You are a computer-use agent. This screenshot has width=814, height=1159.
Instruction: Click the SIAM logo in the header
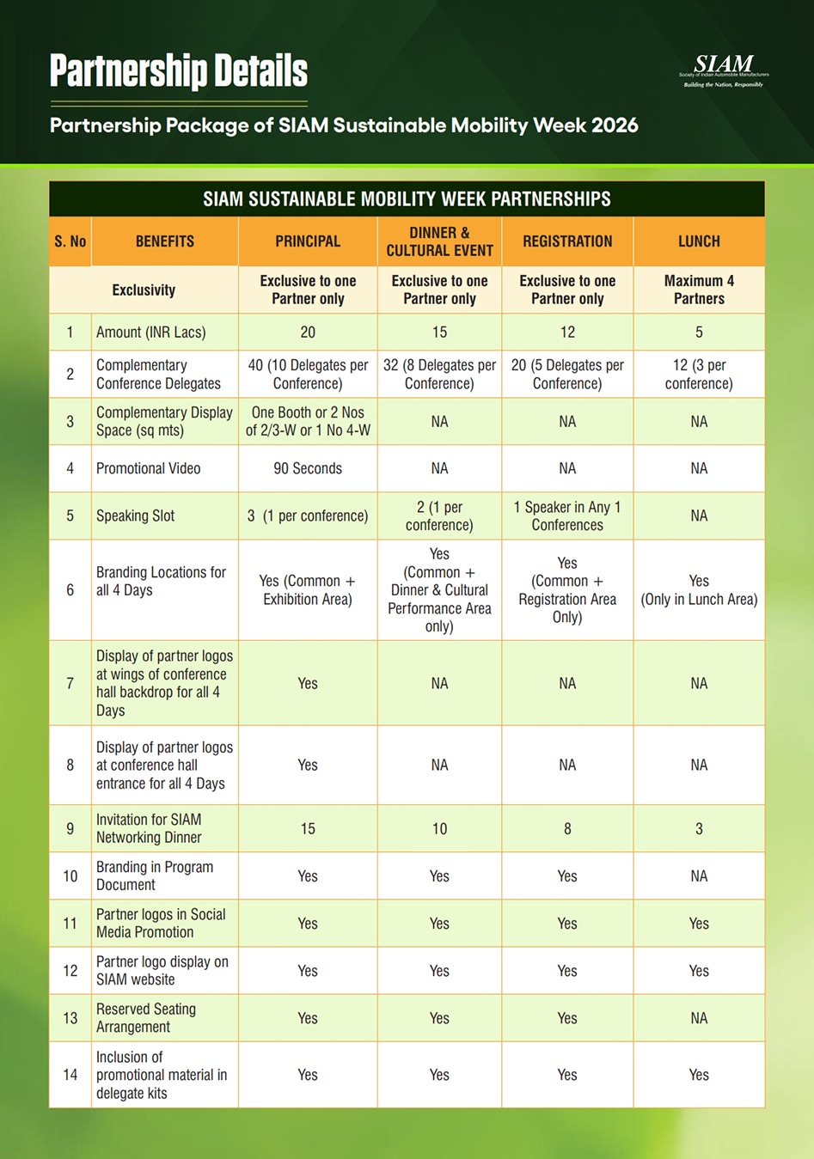coord(724,68)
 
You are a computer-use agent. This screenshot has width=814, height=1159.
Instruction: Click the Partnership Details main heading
coord(179,71)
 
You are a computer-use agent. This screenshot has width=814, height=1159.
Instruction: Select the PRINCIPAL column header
coord(308,241)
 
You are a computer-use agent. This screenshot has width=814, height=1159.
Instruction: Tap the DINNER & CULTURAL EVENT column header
coord(439,241)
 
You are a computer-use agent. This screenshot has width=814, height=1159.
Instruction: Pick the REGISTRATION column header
coord(567,241)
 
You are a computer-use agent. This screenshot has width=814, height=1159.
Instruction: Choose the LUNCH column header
coord(699,241)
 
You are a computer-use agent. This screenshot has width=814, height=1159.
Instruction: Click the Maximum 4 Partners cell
coord(699,290)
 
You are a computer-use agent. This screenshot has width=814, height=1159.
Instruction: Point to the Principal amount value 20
coord(308,332)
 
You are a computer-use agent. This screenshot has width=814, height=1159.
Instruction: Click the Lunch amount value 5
coord(699,332)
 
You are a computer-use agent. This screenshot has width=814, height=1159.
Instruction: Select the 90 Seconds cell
coord(308,468)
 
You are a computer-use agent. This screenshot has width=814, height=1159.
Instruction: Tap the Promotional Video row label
coord(149,468)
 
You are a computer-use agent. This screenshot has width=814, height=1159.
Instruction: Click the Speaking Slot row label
coord(136,515)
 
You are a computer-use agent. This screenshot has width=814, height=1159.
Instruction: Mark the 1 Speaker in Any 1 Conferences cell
coord(567,515)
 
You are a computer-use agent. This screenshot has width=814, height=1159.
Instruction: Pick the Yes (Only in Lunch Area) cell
coord(699,590)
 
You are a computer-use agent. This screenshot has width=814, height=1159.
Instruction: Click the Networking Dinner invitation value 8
coord(567,829)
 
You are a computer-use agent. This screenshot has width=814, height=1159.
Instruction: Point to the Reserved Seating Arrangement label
coord(146,1018)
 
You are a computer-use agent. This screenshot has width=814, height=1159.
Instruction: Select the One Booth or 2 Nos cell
coord(308,421)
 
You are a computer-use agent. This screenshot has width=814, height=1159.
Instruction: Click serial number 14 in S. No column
coord(70,1075)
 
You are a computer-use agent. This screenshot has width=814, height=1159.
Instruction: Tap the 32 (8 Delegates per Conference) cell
coord(439,374)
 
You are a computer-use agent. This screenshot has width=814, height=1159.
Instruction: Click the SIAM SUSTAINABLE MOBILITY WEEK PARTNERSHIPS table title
coord(407,199)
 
